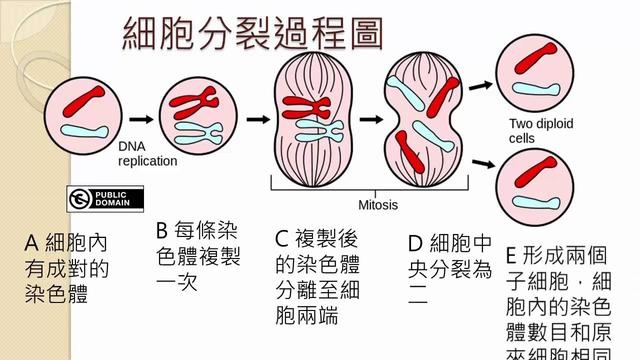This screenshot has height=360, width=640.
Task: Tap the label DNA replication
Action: click(147, 152)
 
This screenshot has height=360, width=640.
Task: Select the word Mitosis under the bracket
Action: click(379, 204)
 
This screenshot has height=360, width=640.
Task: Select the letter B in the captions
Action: click(163, 231)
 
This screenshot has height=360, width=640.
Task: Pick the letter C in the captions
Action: click(281, 239)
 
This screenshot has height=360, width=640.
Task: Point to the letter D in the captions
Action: click(416, 243)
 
